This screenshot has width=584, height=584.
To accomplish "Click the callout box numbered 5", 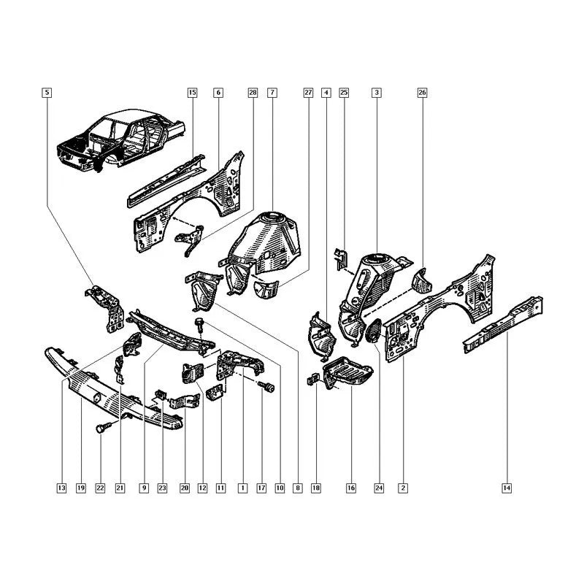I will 47,93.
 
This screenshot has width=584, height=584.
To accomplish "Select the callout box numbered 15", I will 192,93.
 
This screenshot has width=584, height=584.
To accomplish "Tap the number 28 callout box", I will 253,93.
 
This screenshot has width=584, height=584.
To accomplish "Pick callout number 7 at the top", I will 272,93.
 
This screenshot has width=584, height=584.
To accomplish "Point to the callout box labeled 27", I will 307,93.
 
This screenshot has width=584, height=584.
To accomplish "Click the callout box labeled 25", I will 344,93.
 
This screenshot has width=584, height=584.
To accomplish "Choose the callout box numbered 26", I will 422,93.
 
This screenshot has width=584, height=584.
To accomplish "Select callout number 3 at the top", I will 376,93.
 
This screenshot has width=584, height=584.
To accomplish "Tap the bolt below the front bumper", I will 101,430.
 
